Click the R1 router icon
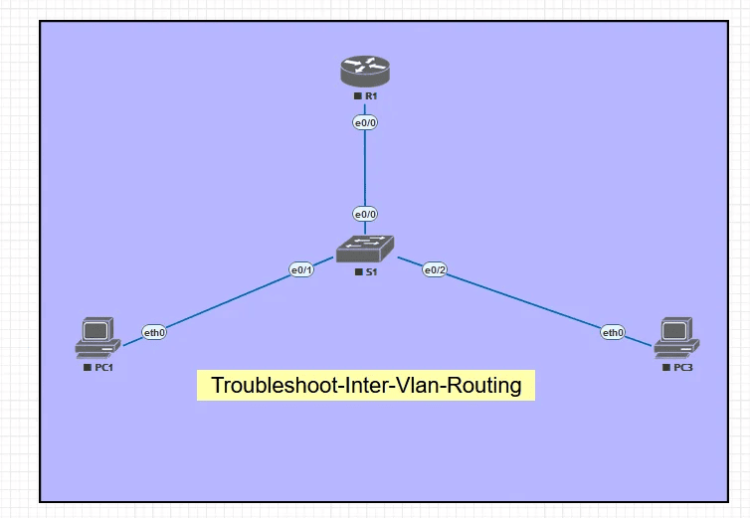coord(365,71)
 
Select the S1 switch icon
coord(365,249)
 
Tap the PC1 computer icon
coord(97,338)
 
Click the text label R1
coord(370,95)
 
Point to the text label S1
coord(370,270)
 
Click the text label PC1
coord(102,367)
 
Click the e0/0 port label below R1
coord(365,123)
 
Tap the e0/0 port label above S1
coord(365,214)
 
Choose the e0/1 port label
coord(301,269)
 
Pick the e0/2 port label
coord(435,268)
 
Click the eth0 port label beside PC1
coord(154,332)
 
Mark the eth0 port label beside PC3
coord(613,332)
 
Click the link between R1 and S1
coord(365,169)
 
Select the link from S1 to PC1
coord(229,300)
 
